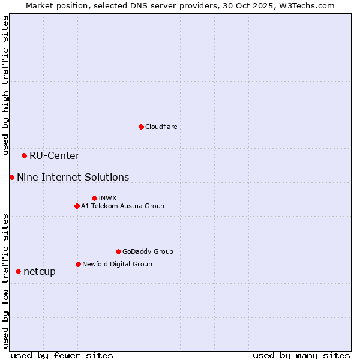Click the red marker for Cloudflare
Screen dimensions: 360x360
coord(141,127)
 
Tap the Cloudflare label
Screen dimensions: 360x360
coord(161,127)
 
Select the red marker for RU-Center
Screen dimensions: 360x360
coord(24,156)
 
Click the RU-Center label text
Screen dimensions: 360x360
coord(54,156)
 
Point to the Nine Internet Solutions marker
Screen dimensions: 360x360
coord(11,177)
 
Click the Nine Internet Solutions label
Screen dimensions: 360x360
coord(73,177)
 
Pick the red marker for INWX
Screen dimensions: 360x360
coord(94,198)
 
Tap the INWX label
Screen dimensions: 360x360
coord(107,198)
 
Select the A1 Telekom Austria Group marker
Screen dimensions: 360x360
coord(77,206)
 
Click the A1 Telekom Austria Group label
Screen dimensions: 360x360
coord(122,206)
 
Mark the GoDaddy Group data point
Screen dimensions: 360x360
coord(118,251)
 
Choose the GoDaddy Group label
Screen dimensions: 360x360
coord(147,251)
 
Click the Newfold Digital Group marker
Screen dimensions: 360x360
coord(78,264)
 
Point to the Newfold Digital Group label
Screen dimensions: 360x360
coord(117,264)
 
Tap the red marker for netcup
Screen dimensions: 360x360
coord(18,271)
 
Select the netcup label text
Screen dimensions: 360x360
coord(40,271)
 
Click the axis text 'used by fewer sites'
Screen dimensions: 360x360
coord(62,355)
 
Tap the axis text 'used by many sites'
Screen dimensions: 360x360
coord(301,355)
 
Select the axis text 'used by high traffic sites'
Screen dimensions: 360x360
coord(5,85)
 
